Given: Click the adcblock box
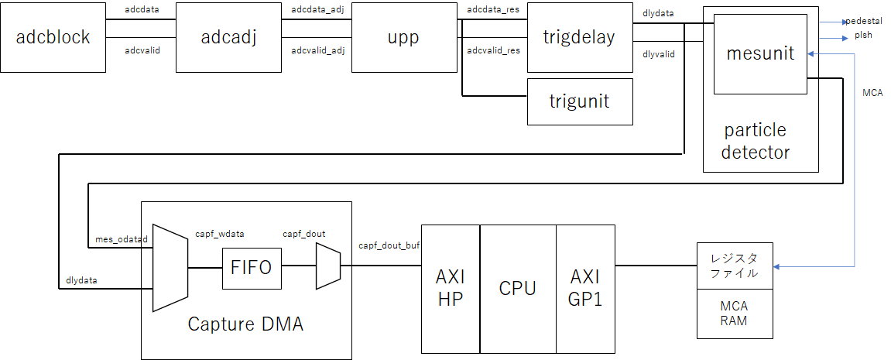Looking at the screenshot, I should point(53,37).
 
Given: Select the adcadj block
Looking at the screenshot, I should point(228,37).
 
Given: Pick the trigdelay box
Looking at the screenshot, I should point(579,37).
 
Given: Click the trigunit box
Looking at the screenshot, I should point(579,101).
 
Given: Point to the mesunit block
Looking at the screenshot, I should point(760,53).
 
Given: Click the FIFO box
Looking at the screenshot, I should point(252,268).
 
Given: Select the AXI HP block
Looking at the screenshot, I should point(451,288).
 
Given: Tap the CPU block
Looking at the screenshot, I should point(518,288).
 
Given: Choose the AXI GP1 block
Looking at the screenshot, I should point(585,288).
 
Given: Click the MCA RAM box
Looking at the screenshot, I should point(735,313).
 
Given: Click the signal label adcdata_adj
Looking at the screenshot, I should point(317,10).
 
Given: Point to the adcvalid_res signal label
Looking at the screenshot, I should point(493,50).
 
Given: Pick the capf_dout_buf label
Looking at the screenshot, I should point(389,245).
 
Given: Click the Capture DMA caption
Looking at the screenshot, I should point(245,324).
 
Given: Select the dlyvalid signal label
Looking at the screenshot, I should point(658,54).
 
